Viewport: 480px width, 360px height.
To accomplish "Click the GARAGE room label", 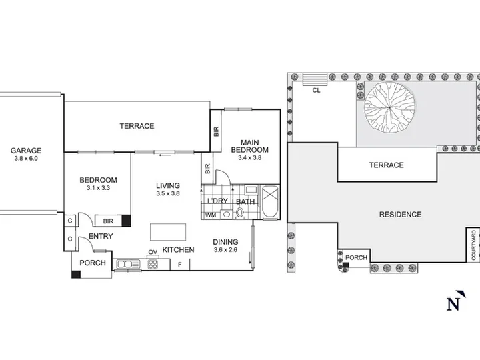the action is (26, 151).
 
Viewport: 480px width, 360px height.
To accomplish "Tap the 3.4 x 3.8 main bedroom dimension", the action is (250, 158).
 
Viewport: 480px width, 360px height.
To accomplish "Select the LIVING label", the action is (168, 185).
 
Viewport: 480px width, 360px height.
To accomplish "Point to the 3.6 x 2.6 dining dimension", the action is (225, 250).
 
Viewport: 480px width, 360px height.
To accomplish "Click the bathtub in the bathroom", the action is (270, 201).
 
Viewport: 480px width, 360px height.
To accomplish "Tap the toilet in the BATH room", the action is (240, 213).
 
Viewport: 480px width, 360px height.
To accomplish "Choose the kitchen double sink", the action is (128, 264).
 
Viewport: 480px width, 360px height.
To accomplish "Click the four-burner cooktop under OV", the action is (153, 264).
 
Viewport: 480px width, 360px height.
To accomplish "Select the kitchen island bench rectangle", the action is (168, 232).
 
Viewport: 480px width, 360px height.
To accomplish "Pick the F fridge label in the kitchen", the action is (180, 265).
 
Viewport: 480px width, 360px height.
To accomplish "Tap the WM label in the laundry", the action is (211, 215).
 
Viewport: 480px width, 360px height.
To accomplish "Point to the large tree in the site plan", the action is (390, 107).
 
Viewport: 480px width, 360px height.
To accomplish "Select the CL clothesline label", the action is (316, 90).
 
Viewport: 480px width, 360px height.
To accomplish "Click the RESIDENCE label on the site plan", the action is (401, 215).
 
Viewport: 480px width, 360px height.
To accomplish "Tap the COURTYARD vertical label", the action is (473, 245).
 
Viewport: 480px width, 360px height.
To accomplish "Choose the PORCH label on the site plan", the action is (356, 258).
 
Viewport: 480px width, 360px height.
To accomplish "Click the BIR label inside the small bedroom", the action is (108, 221).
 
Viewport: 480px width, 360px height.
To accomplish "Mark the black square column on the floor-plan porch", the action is (76, 274).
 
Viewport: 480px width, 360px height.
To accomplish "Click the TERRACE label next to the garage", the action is (137, 126).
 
